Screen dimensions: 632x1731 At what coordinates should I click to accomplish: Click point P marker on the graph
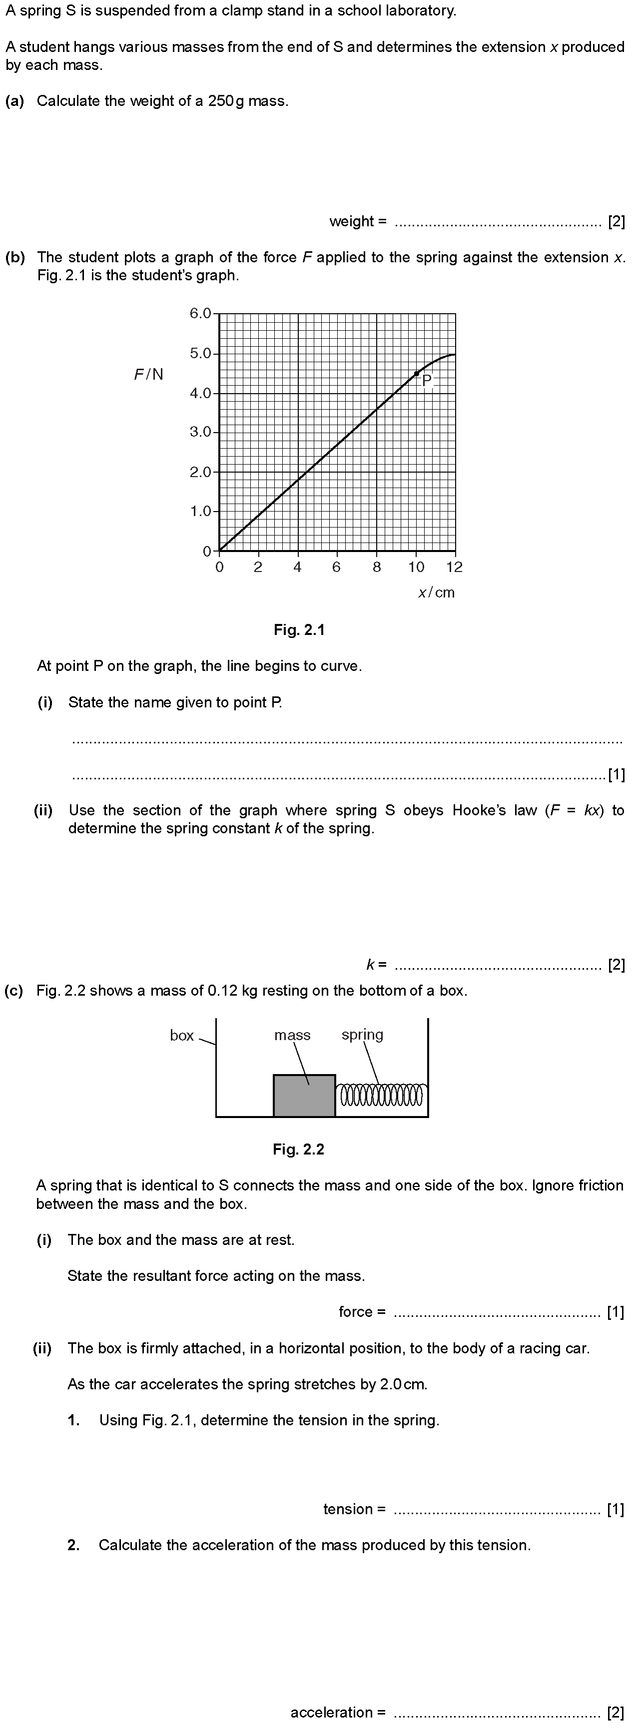pyautogui.click(x=416, y=374)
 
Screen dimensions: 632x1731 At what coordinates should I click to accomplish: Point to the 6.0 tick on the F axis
pyautogui.click(x=200, y=314)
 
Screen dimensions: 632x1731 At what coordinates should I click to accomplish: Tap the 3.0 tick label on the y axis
pyautogui.click(x=200, y=432)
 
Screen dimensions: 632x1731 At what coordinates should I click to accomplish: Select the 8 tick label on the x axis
pyautogui.click(x=377, y=567)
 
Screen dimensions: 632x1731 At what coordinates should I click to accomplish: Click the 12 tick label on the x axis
pyautogui.click(x=455, y=567)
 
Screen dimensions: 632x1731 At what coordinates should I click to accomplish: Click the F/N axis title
pyautogui.click(x=148, y=374)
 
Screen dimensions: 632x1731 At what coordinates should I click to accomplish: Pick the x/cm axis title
pyautogui.click(x=436, y=592)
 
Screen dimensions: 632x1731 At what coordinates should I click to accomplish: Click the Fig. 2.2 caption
pyautogui.click(x=299, y=1149)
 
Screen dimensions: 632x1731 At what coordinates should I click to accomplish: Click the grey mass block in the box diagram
pyautogui.click(x=304, y=1096)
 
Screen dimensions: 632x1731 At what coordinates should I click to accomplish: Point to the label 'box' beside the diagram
pyautogui.click(x=181, y=1036)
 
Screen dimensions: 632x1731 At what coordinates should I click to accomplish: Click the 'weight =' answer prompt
pyautogui.click(x=358, y=221)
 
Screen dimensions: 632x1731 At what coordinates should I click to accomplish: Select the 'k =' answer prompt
pyautogui.click(x=377, y=965)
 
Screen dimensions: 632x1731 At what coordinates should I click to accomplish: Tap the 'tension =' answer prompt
pyautogui.click(x=354, y=1509)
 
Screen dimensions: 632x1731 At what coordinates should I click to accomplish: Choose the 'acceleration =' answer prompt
pyautogui.click(x=338, y=1712)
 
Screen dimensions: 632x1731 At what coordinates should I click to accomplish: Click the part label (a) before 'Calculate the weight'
pyautogui.click(x=15, y=101)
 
